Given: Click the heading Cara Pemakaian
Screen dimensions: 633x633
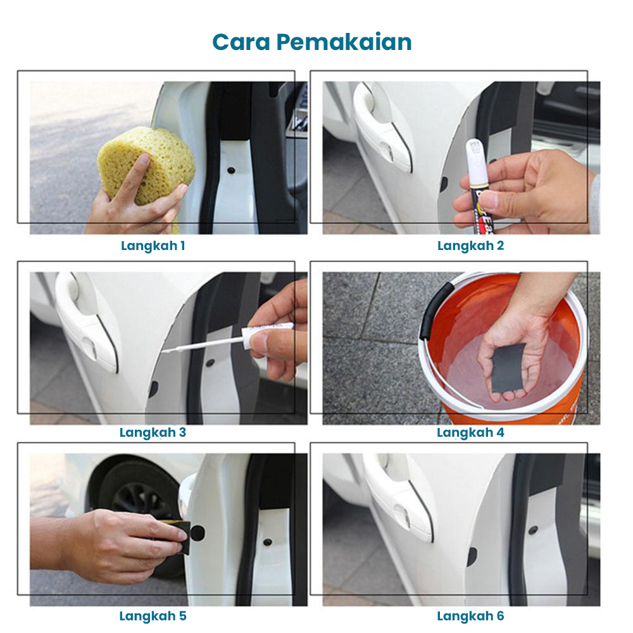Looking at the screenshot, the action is [x=311, y=42].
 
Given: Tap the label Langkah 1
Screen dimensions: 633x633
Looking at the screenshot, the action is [x=153, y=246].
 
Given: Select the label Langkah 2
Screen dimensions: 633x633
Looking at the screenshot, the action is [x=471, y=246].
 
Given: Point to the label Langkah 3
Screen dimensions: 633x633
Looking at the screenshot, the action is [x=153, y=432].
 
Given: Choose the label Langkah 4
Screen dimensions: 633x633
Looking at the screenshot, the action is [x=471, y=432].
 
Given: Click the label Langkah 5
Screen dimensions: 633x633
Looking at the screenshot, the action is [x=153, y=616].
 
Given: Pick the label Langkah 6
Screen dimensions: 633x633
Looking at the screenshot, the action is [x=471, y=616].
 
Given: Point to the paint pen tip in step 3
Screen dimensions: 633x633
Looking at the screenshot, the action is [x=165, y=351].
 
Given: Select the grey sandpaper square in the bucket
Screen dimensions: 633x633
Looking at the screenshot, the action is [x=509, y=368].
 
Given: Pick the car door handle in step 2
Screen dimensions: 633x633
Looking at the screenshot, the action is [x=382, y=125].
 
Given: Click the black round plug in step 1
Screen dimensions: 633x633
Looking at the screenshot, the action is [x=231, y=170].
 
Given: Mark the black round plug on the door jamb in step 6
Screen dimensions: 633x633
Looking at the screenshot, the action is [x=534, y=529].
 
